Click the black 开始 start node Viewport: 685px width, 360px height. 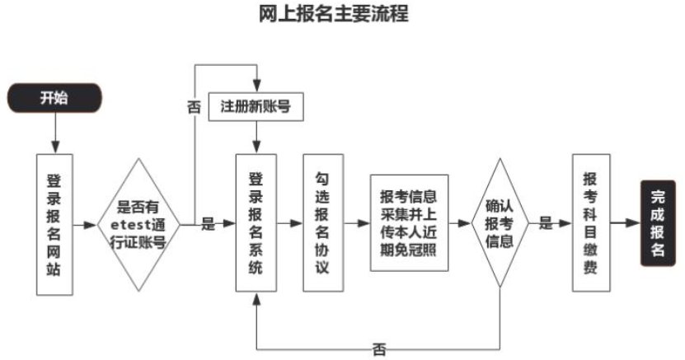[x=54, y=98]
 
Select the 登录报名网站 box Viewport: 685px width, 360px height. [x=54, y=222]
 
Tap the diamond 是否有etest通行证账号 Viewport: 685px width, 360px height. [x=138, y=222]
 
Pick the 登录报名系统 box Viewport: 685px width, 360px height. [x=256, y=222]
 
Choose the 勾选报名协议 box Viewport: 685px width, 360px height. [x=322, y=222]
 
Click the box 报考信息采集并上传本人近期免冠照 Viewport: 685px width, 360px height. [x=409, y=222]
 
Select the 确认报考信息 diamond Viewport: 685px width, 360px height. [x=499, y=222]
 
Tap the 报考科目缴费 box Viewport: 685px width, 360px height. [x=589, y=222]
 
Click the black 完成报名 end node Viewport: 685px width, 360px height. [x=657, y=223]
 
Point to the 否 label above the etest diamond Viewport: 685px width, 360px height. [x=195, y=107]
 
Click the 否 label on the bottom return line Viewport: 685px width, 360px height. [x=378, y=348]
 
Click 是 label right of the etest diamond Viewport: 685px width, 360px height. [x=208, y=223]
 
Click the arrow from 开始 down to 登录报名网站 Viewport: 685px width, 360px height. [x=54, y=132]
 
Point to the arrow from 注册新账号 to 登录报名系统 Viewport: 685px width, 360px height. [x=256, y=138]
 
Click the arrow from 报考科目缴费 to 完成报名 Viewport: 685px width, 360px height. [x=626, y=222]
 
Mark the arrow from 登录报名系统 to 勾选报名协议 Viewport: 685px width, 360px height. [x=289, y=222]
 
